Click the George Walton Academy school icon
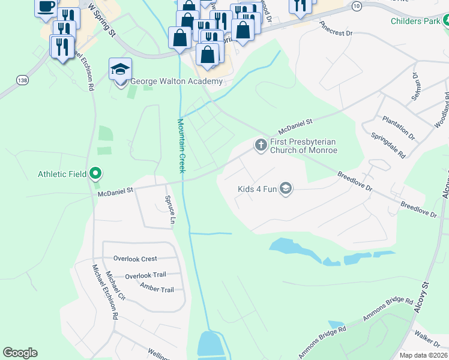pos(121,70)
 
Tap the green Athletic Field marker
pos(95,175)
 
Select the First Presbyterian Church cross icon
pos(261,145)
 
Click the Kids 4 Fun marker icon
pos(285,189)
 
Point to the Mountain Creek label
pos(181,146)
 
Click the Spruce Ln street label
pos(170,211)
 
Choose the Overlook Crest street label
pos(135,259)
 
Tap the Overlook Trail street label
pos(145,276)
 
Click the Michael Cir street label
pos(115,287)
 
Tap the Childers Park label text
pos(415,21)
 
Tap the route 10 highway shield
pos(357,5)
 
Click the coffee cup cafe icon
pos(47,7)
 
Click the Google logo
pos(20,353)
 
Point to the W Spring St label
pos(101,20)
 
